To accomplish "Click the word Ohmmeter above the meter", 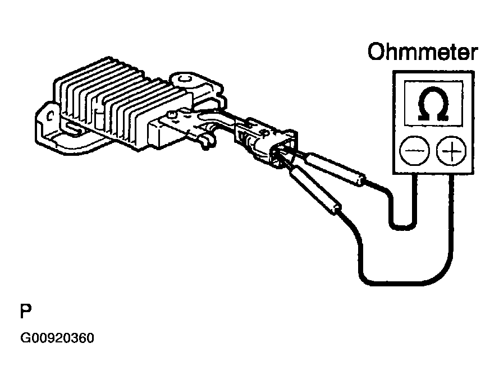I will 422,53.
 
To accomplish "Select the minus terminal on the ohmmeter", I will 414,151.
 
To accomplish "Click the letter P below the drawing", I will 25,310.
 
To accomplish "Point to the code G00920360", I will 57,339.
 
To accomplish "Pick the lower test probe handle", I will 314,191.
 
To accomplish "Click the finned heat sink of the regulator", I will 107,95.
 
